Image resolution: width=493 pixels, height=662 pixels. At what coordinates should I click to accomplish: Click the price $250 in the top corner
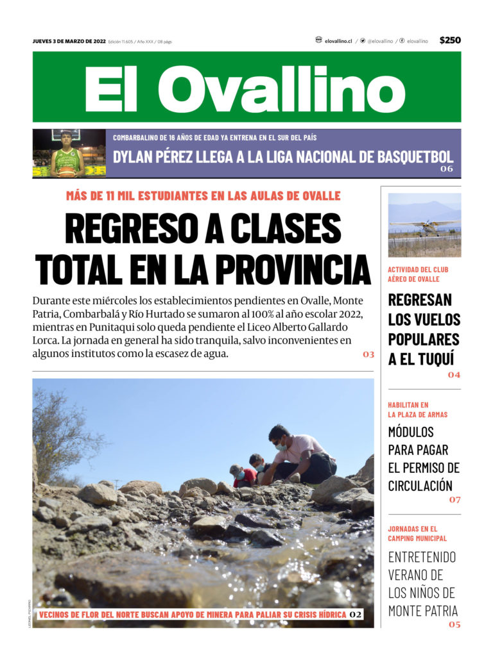click(x=450, y=40)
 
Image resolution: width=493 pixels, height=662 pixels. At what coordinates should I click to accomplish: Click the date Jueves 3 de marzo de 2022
click(x=69, y=41)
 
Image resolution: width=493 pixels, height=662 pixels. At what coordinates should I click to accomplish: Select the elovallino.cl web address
click(x=338, y=41)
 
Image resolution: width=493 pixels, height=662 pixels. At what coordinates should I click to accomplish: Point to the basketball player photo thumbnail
click(x=69, y=153)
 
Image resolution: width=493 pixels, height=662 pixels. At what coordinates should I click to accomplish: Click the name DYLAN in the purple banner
click(x=135, y=157)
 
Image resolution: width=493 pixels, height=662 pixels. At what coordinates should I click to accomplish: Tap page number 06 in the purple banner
click(x=447, y=169)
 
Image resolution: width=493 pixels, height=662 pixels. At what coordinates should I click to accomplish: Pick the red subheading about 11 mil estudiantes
click(x=203, y=196)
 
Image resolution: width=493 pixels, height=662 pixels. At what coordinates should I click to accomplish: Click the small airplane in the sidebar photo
click(x=424, y=225)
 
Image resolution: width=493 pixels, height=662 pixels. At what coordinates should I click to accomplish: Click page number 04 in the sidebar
click(x=454, y=375)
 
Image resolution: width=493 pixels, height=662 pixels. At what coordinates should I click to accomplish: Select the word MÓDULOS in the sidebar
click(x=411, y=432)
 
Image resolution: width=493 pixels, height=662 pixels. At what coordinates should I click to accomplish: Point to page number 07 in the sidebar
click(x=454, y=499)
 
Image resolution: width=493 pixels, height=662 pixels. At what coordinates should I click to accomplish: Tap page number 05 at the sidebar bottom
click(x=454, y=624)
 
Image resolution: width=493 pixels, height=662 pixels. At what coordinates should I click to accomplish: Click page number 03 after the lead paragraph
click(x=368, y=354)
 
